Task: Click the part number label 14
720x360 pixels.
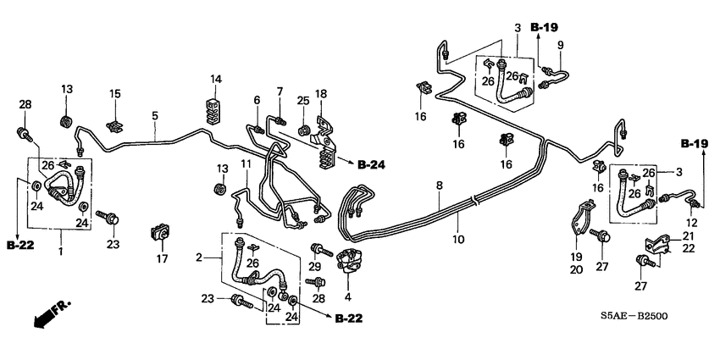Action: tap(216, 80)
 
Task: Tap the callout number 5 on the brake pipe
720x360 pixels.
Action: tap(155, 115)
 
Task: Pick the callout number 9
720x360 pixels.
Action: tap(559, 44)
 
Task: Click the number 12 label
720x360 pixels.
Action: tap(691, 222)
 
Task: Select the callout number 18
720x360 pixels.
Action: tap(321, 92)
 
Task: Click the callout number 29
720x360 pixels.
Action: tap(315, 268)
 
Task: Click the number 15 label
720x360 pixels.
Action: tap(116, 94)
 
